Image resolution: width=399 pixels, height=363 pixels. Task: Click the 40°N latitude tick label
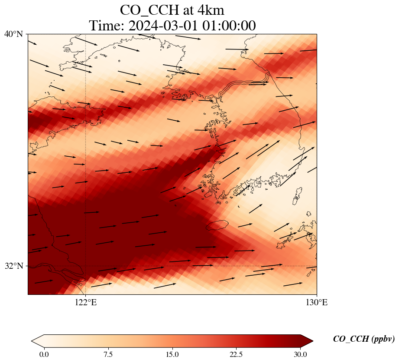[13, 34]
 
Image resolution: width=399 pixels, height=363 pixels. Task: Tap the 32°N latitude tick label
[13, 266]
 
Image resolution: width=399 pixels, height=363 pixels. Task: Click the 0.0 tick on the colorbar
[44, 354]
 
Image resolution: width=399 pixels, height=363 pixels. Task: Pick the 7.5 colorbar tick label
[108, 354]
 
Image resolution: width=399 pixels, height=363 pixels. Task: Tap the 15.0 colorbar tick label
[172, 354]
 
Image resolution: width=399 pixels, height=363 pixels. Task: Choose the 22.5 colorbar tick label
[236, 354]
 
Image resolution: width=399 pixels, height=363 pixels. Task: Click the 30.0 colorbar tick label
[300, 354]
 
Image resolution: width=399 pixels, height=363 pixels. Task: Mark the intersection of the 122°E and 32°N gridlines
[86, 266]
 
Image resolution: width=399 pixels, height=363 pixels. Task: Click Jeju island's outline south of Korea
[217, 225]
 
